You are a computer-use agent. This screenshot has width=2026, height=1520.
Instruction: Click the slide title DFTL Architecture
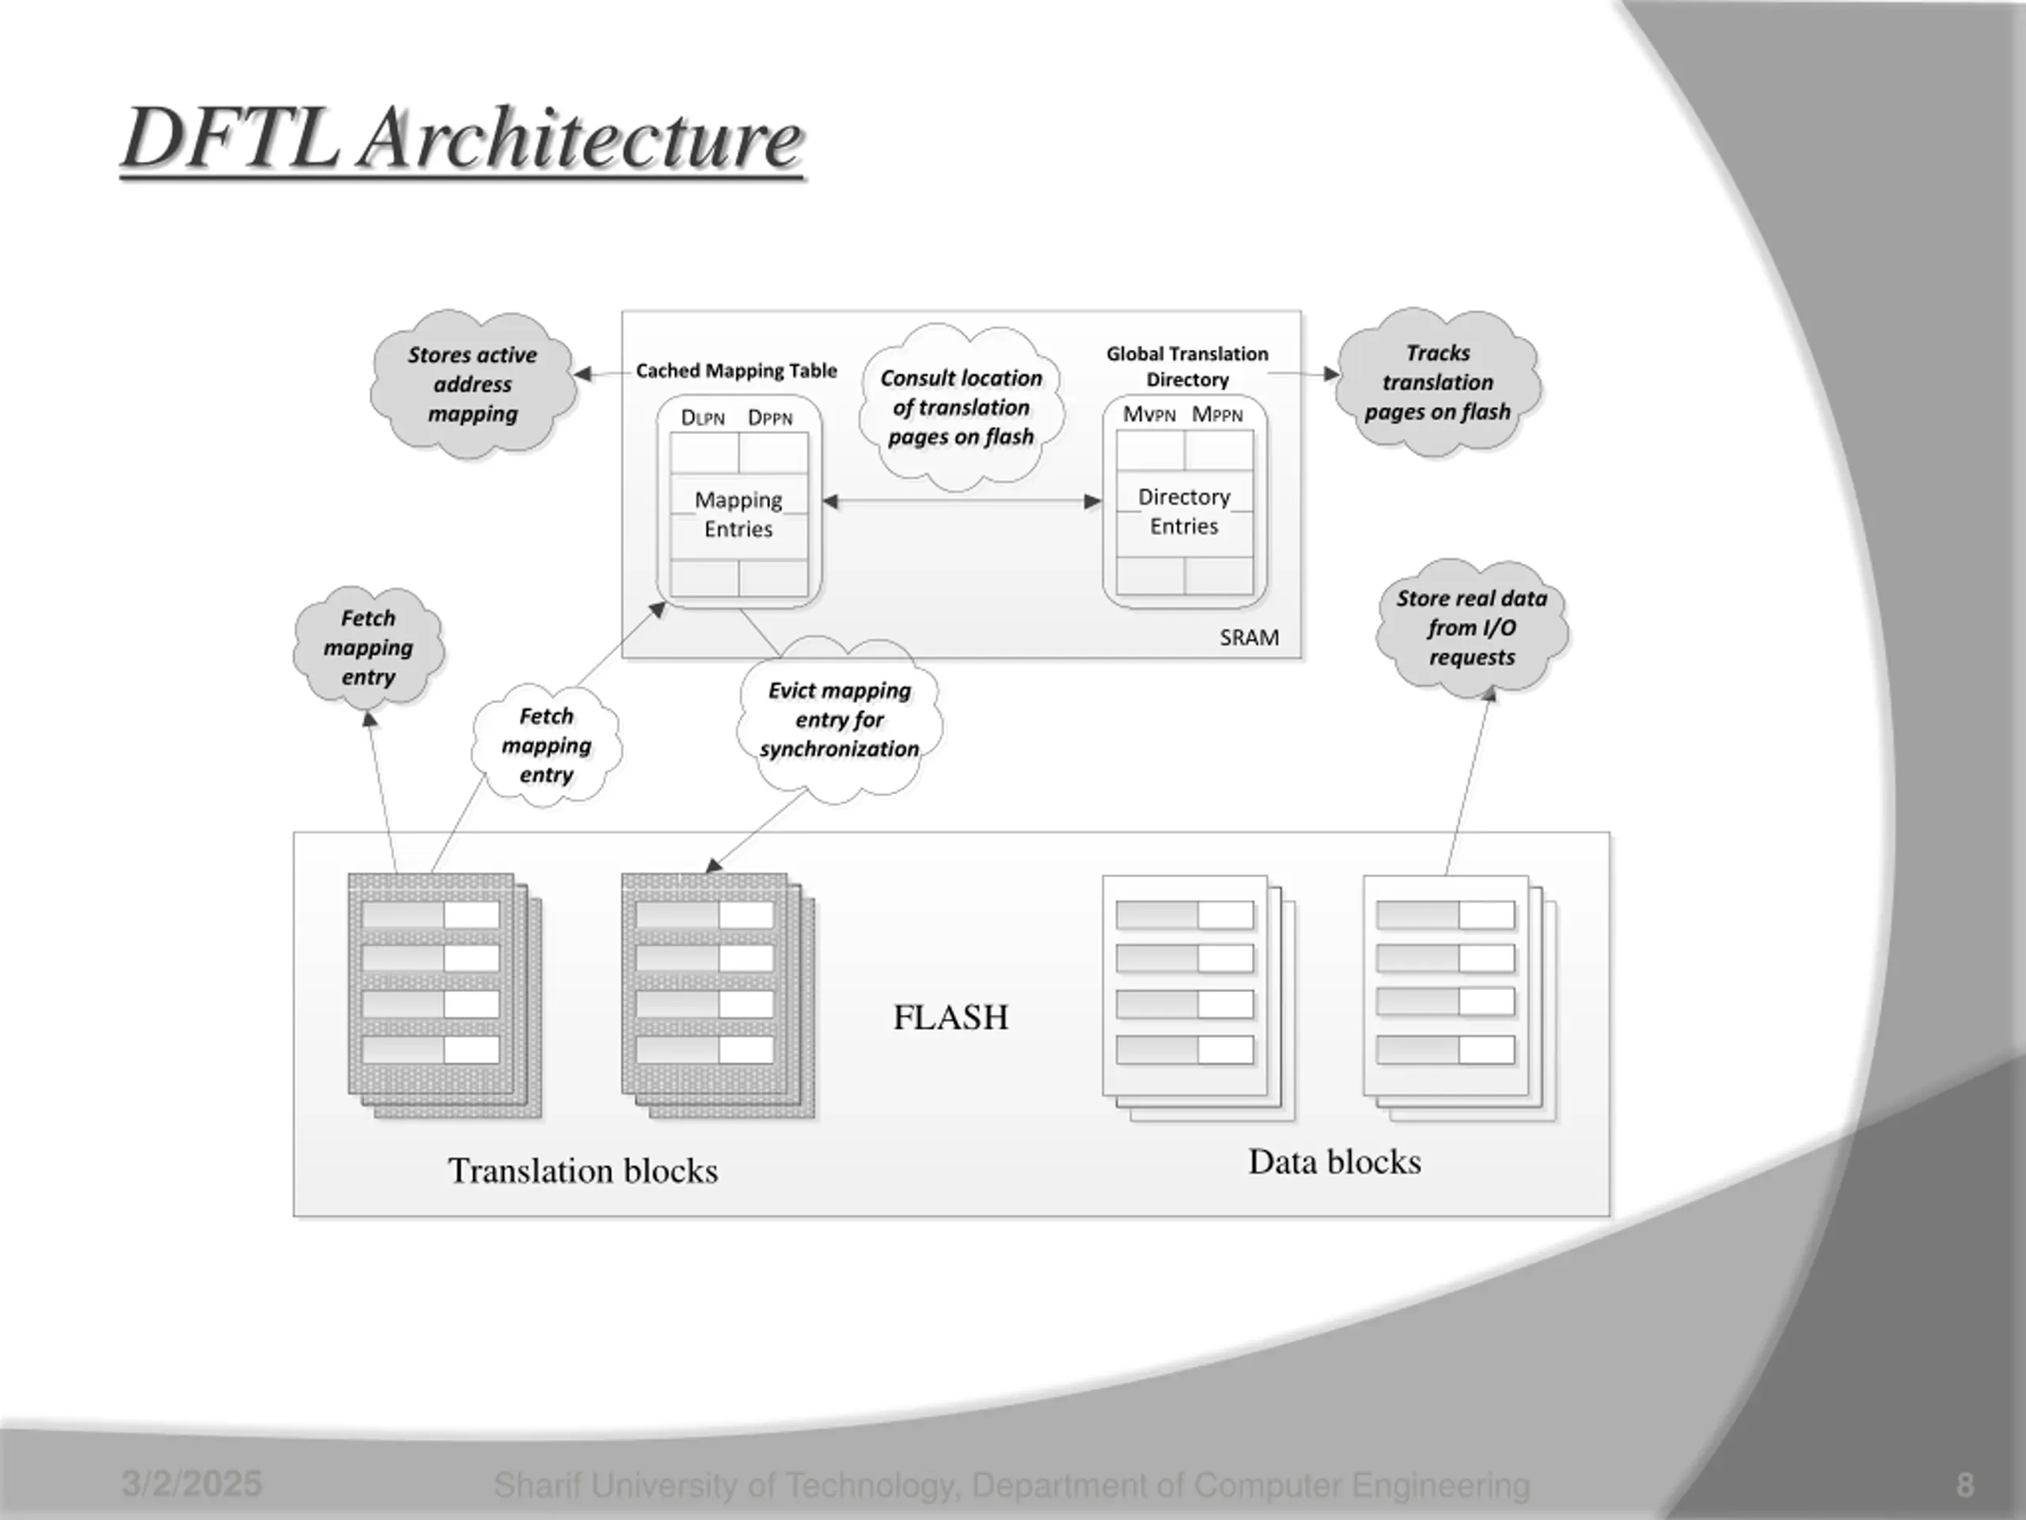click(x=464, y=139)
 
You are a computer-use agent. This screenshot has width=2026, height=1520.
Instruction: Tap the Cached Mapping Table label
click(x=736, y=370)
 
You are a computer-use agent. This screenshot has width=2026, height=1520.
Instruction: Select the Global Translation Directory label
click(x=1187, y=367)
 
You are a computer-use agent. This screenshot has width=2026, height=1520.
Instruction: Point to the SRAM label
click(x=1250, y=637)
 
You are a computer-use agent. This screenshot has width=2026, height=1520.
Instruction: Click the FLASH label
click(x=950, y=1017)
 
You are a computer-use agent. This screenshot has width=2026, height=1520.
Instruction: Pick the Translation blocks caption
click(x=582, y=1171)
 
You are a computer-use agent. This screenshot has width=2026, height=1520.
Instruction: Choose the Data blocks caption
click(x=1334, y=1161)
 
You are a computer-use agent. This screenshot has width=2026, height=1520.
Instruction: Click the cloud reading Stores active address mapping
click(x=473, y=383)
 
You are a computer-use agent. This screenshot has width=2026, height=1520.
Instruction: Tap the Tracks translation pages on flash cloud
click(x=1438, y=382)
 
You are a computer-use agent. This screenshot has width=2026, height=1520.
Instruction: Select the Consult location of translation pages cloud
click(x=962, y=407)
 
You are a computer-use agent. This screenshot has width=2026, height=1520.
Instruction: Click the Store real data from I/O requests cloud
click(x=1472, y=628)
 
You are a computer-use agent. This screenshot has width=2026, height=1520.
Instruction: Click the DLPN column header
click(x=703, y=418)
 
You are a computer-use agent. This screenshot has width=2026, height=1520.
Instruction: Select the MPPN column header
click(x=1217, y=414)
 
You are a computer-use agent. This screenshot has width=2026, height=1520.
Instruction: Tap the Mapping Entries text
click(x=738, y=514)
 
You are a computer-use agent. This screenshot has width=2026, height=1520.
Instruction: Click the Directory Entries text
click(x=1184, y=511)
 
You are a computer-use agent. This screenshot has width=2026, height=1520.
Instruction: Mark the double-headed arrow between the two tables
click(x=962, y=501)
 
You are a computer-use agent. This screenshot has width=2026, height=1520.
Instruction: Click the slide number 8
click(x=1964, y=1485)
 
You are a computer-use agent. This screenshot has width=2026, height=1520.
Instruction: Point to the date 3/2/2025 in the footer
click(x=192, y=1484)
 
